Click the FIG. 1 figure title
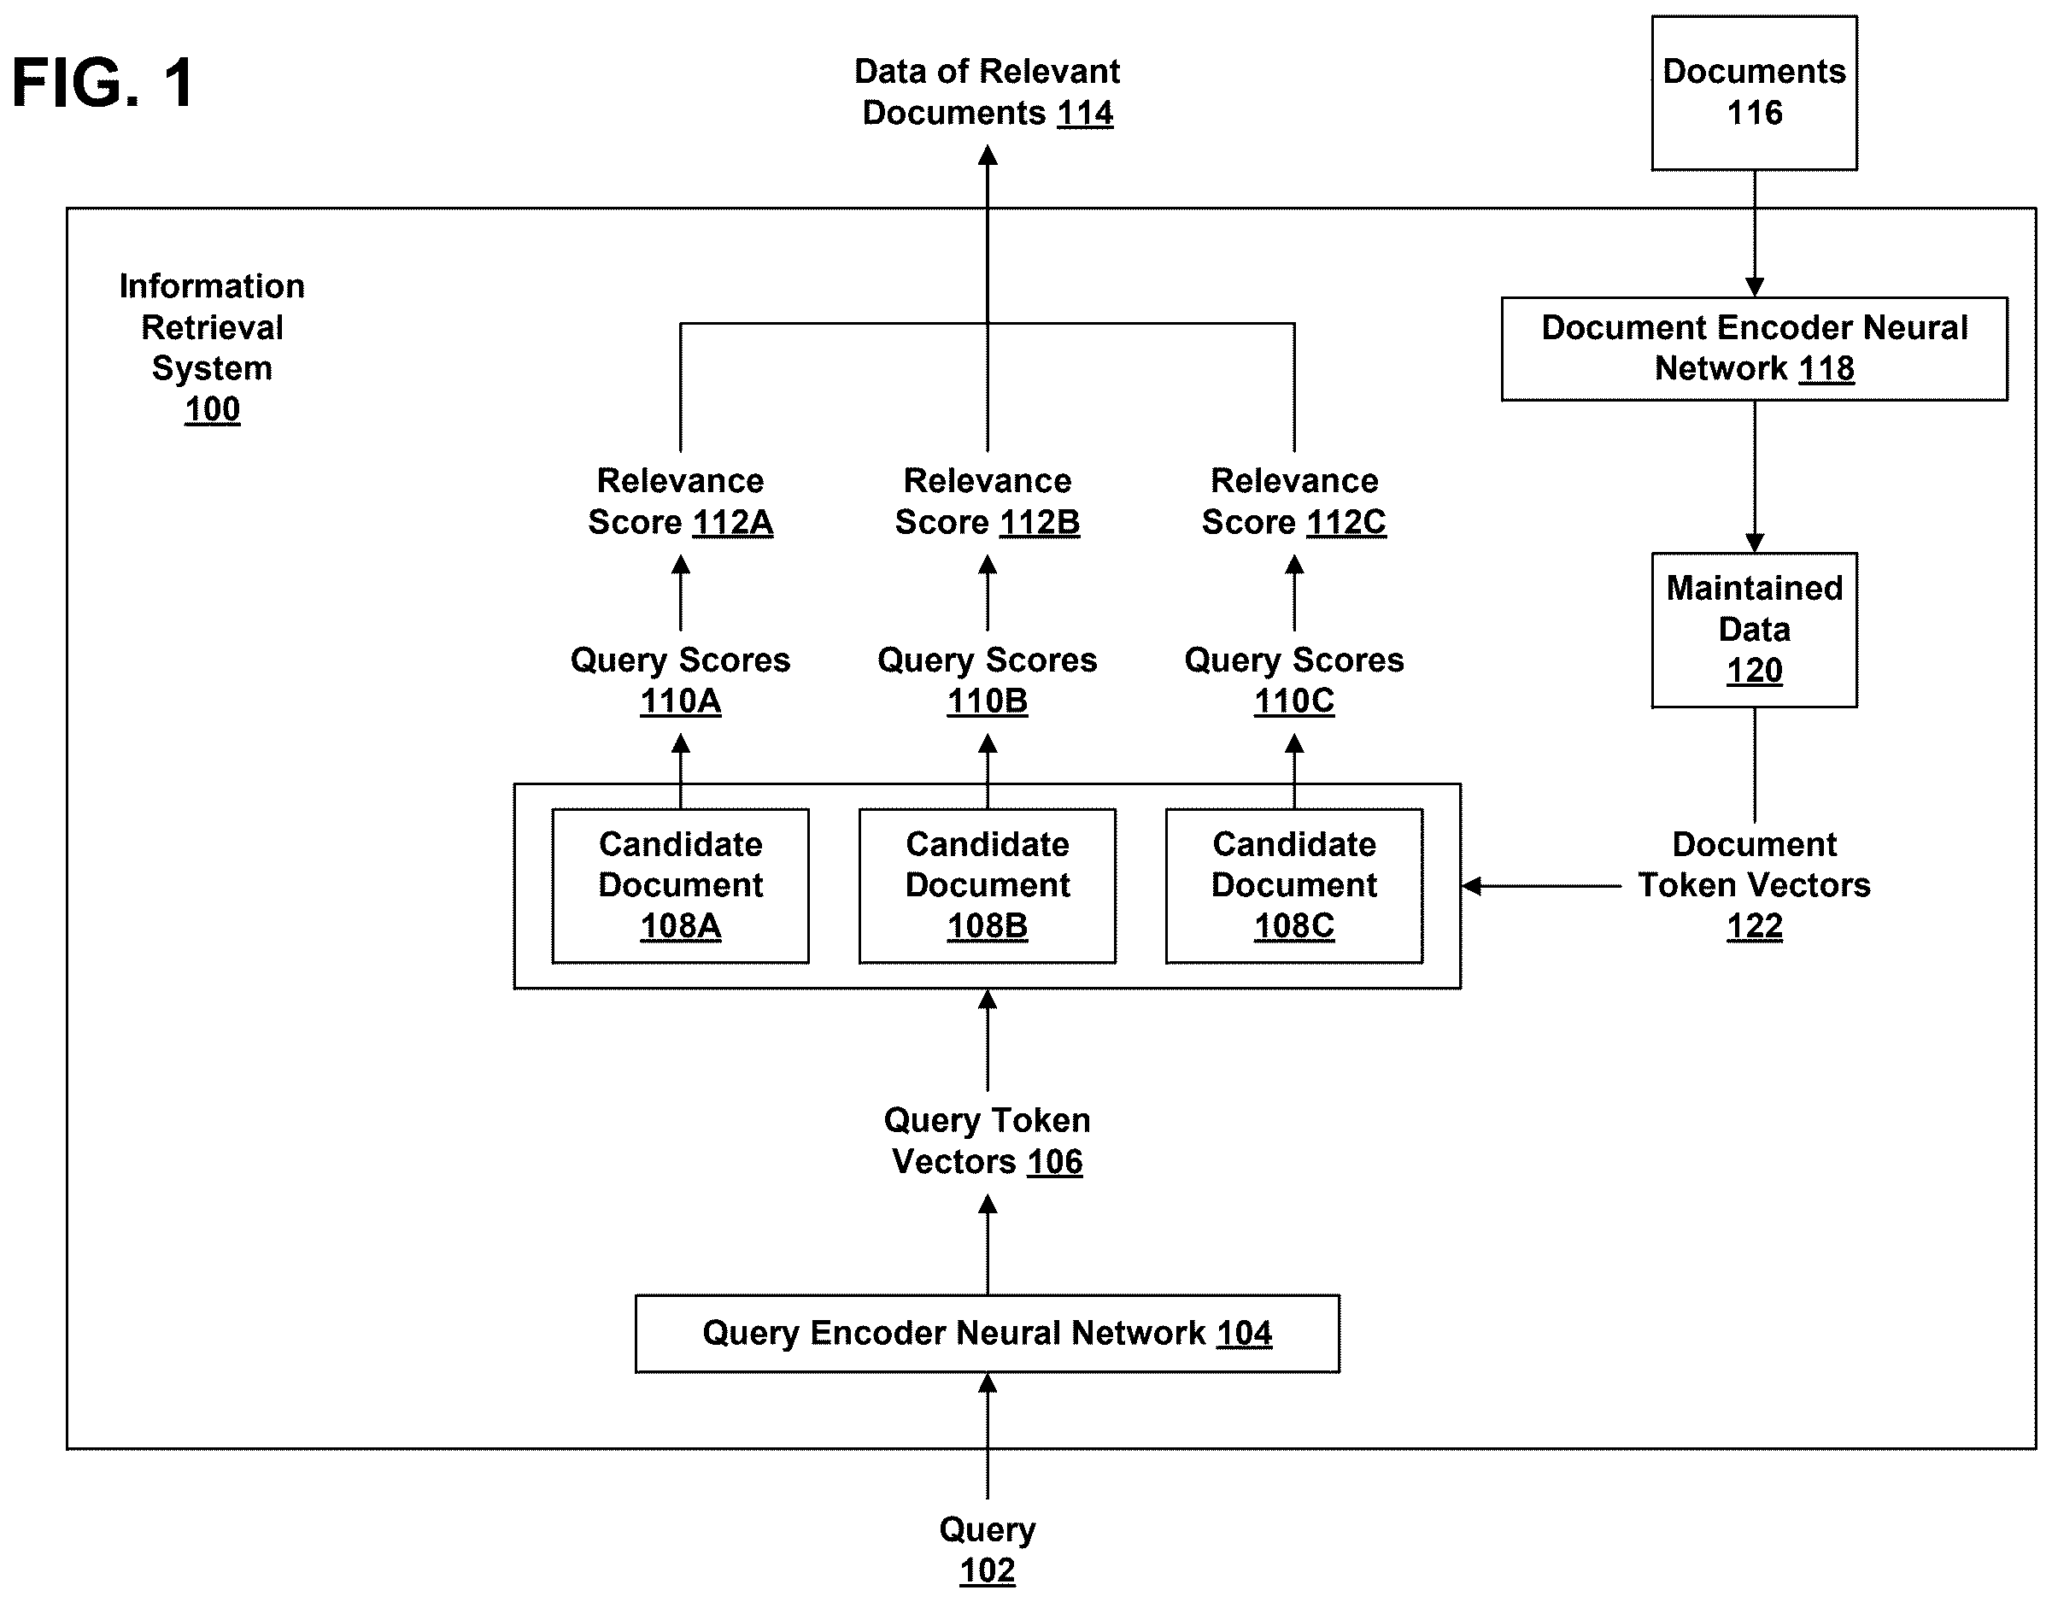(103, 82)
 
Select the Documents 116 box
(1754, 93)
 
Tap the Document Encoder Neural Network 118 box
(1754, 349)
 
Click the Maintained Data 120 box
(1754, 630)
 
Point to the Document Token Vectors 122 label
(1754, 885)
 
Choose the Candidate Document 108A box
(680, 886)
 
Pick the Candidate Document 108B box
(988, 886)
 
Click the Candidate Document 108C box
(1293, 886)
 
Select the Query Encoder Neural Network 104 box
(988, 1333)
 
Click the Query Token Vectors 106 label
(988, 1141)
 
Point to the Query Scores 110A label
(680, 680)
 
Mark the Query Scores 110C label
(1293, 680)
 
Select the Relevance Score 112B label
(988, 501)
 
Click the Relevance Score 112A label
(680, 501)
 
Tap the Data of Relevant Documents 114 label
(988, 92)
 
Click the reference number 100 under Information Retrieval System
(213, 409)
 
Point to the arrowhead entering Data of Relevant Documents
(988, 155)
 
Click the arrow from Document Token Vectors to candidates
(1542, 885)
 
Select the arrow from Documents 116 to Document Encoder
(1754, 234)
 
